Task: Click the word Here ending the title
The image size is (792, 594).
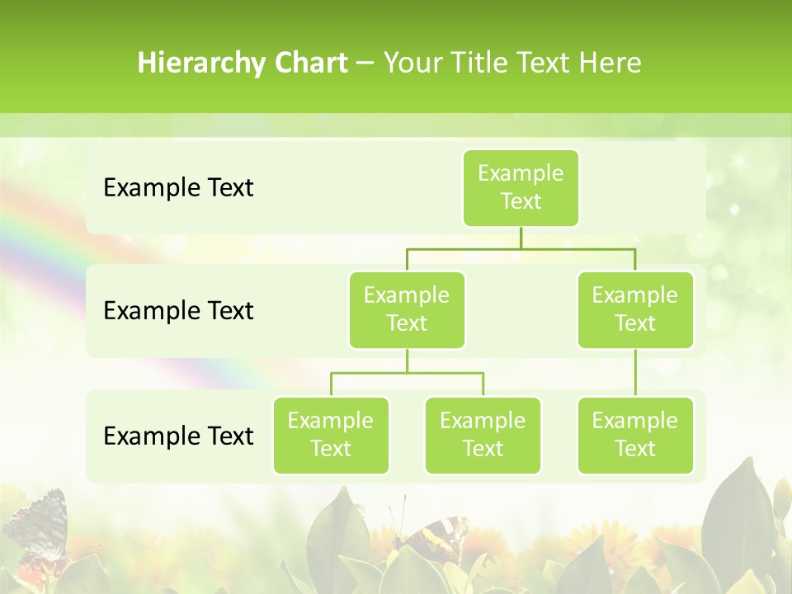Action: point(610,64)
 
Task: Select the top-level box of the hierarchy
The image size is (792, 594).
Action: point(521,187)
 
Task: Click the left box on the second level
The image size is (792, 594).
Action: point(407,309)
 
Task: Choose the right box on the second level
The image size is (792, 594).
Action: point(635,309)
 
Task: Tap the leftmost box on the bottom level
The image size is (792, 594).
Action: point(331,435)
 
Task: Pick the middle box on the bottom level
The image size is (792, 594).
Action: point(483,435)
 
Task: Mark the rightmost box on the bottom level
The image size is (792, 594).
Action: point(635,435)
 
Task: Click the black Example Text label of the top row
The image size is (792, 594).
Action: point(178,187)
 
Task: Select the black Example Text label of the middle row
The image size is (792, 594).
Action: point(178,310)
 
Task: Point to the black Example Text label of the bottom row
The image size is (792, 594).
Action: point(178,436)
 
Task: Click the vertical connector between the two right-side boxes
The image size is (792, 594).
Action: point(635,373)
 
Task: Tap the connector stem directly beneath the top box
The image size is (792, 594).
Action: point(521,238)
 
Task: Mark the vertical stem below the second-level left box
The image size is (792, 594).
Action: point(407,361)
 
